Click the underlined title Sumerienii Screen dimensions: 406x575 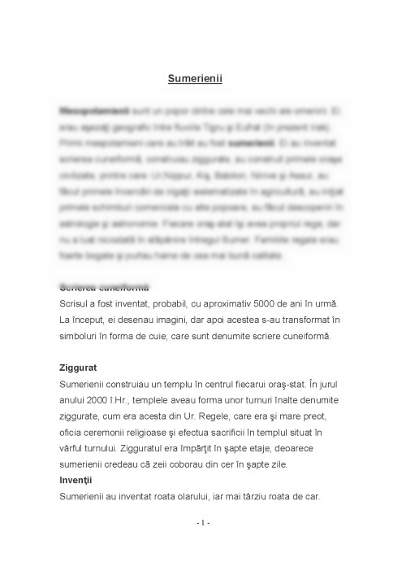tap(201, 80)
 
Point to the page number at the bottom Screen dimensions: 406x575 tap(202, 522)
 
